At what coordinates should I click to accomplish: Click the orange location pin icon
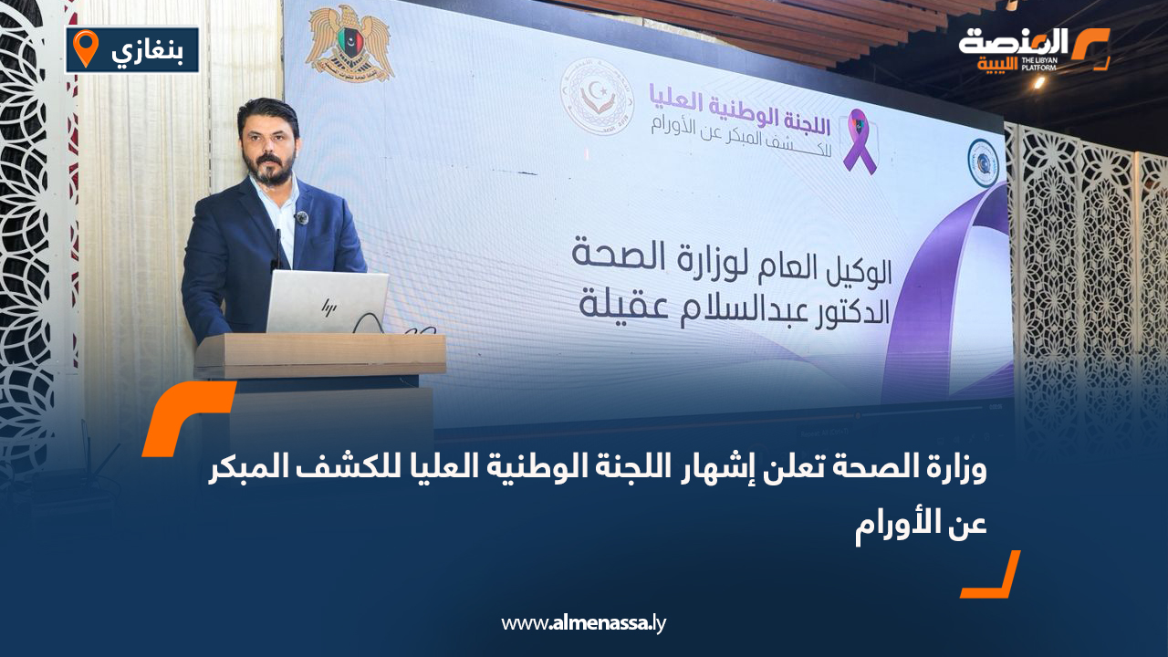pyautogui.click(x=86, y=48)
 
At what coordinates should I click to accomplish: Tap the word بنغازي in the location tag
pyautogui.click(x=146, y=50)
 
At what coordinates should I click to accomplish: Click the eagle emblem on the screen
pyautogui.click(x=349, y=43)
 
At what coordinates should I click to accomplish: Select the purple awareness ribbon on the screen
pyautogui.click(x=859, y=141)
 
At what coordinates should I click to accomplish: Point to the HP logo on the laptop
pyautogui.click(x=326, y=306)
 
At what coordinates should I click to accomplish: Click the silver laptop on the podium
pyautogui.click(x=327, y=302)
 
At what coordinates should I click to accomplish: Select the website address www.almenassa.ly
pyautogui.click(x=584, y=623)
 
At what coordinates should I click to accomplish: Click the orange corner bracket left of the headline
pyautogui.click(x=182, y=416)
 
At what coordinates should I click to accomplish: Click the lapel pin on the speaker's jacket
pyautogui.click(x=302, y=217)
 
